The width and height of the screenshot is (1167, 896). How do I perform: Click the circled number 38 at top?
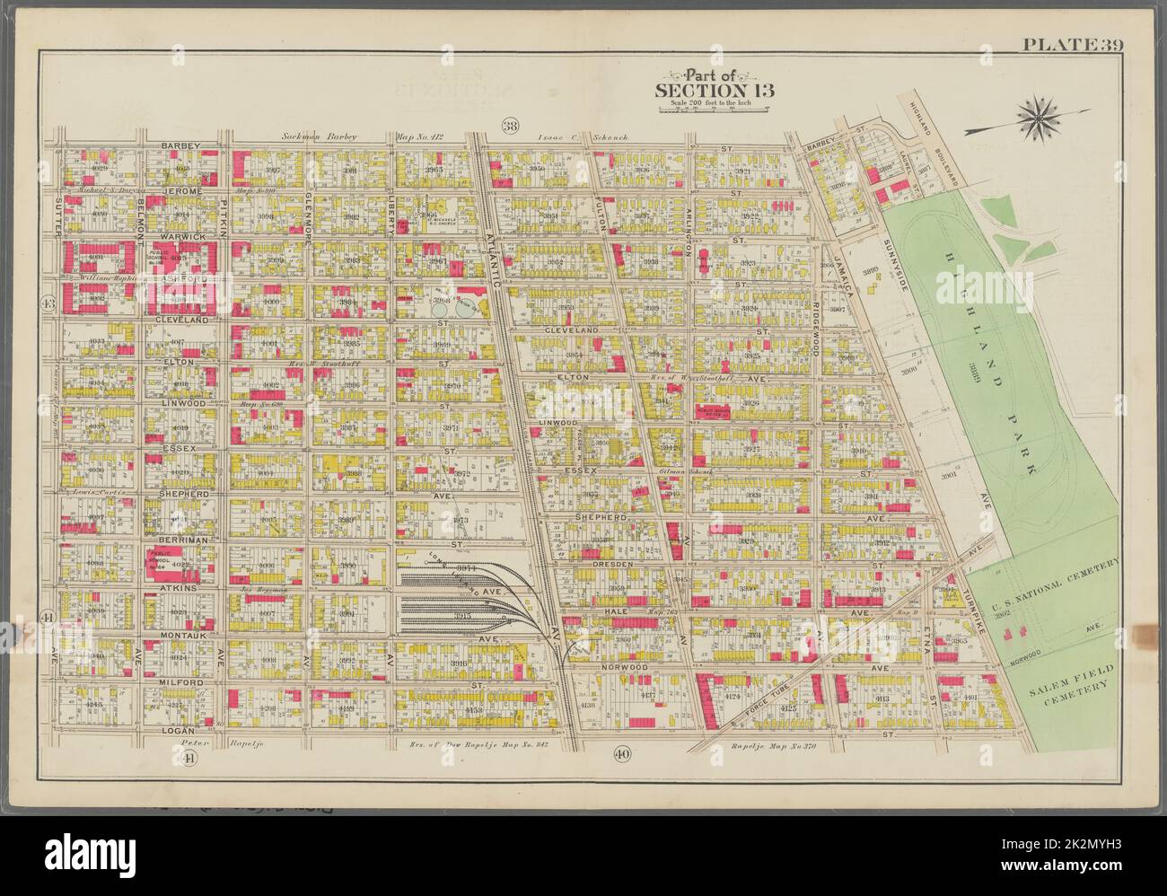511,125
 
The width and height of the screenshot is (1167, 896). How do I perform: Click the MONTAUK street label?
183,634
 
